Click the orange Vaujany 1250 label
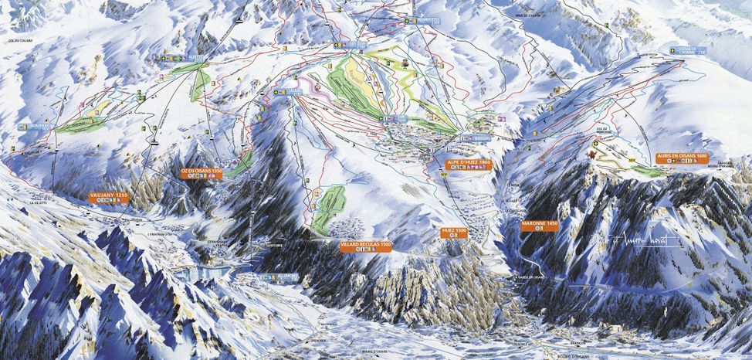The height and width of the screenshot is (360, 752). tap(107, 196)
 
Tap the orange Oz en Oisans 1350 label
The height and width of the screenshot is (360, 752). tap(200, 171)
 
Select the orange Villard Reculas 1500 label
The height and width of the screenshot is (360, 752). tap(366, 244)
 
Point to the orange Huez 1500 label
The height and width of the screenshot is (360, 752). tap(454, 230)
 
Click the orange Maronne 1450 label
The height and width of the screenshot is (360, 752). tap(539, 222)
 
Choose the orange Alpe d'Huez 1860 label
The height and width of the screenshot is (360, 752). tap(469, 162)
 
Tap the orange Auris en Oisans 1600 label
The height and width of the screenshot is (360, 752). tap(680, 156)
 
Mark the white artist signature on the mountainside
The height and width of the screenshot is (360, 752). tap(642, 242)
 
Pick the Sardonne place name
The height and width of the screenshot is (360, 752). tap(273, 249)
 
